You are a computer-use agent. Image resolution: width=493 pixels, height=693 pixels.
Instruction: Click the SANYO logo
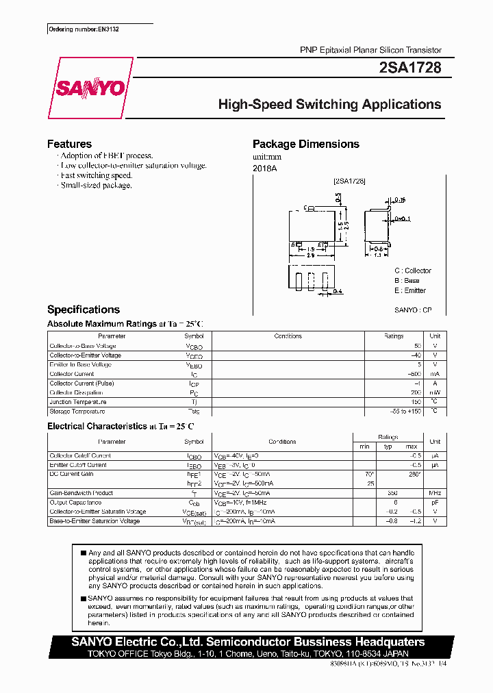click(90, 88)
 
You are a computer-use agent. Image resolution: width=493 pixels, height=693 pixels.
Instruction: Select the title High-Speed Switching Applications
click(329, 105)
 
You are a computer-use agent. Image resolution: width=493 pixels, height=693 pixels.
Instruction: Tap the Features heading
click(69, 144)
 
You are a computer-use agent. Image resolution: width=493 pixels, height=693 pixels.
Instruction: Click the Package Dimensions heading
click(305, 144)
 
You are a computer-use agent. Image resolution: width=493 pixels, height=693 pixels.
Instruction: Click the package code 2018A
click(264, 168)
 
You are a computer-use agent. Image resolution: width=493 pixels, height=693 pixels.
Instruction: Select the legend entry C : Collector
click(412, 270)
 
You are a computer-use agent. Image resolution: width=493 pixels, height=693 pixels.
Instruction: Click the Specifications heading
click(84, 310)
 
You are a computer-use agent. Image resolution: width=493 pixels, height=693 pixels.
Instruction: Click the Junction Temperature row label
click(77, 402)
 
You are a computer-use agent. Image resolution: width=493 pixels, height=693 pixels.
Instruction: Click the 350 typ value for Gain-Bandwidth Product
click(392, 493)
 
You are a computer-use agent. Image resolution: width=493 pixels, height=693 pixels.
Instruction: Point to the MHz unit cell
click(435, 493)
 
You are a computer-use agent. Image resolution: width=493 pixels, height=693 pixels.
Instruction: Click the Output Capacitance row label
click(75, 503)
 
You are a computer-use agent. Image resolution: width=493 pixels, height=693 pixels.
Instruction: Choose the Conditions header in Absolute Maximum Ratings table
click(288, 336)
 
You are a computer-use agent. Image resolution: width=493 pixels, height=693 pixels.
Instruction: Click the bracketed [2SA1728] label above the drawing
click(349, 181)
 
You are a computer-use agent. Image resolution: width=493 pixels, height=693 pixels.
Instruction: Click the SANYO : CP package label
click(413, 310)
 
